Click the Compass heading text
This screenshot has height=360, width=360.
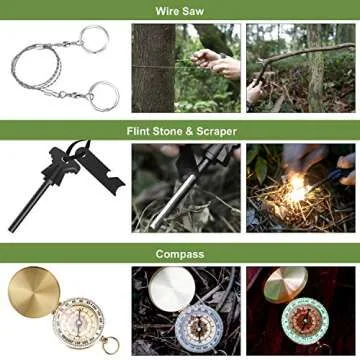coord(180,254)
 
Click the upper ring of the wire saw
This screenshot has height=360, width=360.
coord(93,39)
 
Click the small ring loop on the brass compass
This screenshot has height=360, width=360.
coord(110,347)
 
